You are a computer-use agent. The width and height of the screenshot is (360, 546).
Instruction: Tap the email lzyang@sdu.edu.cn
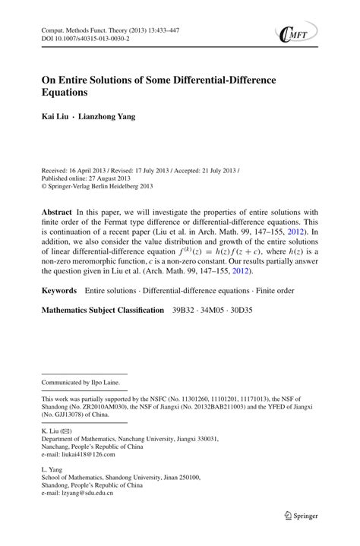pos(87,494)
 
